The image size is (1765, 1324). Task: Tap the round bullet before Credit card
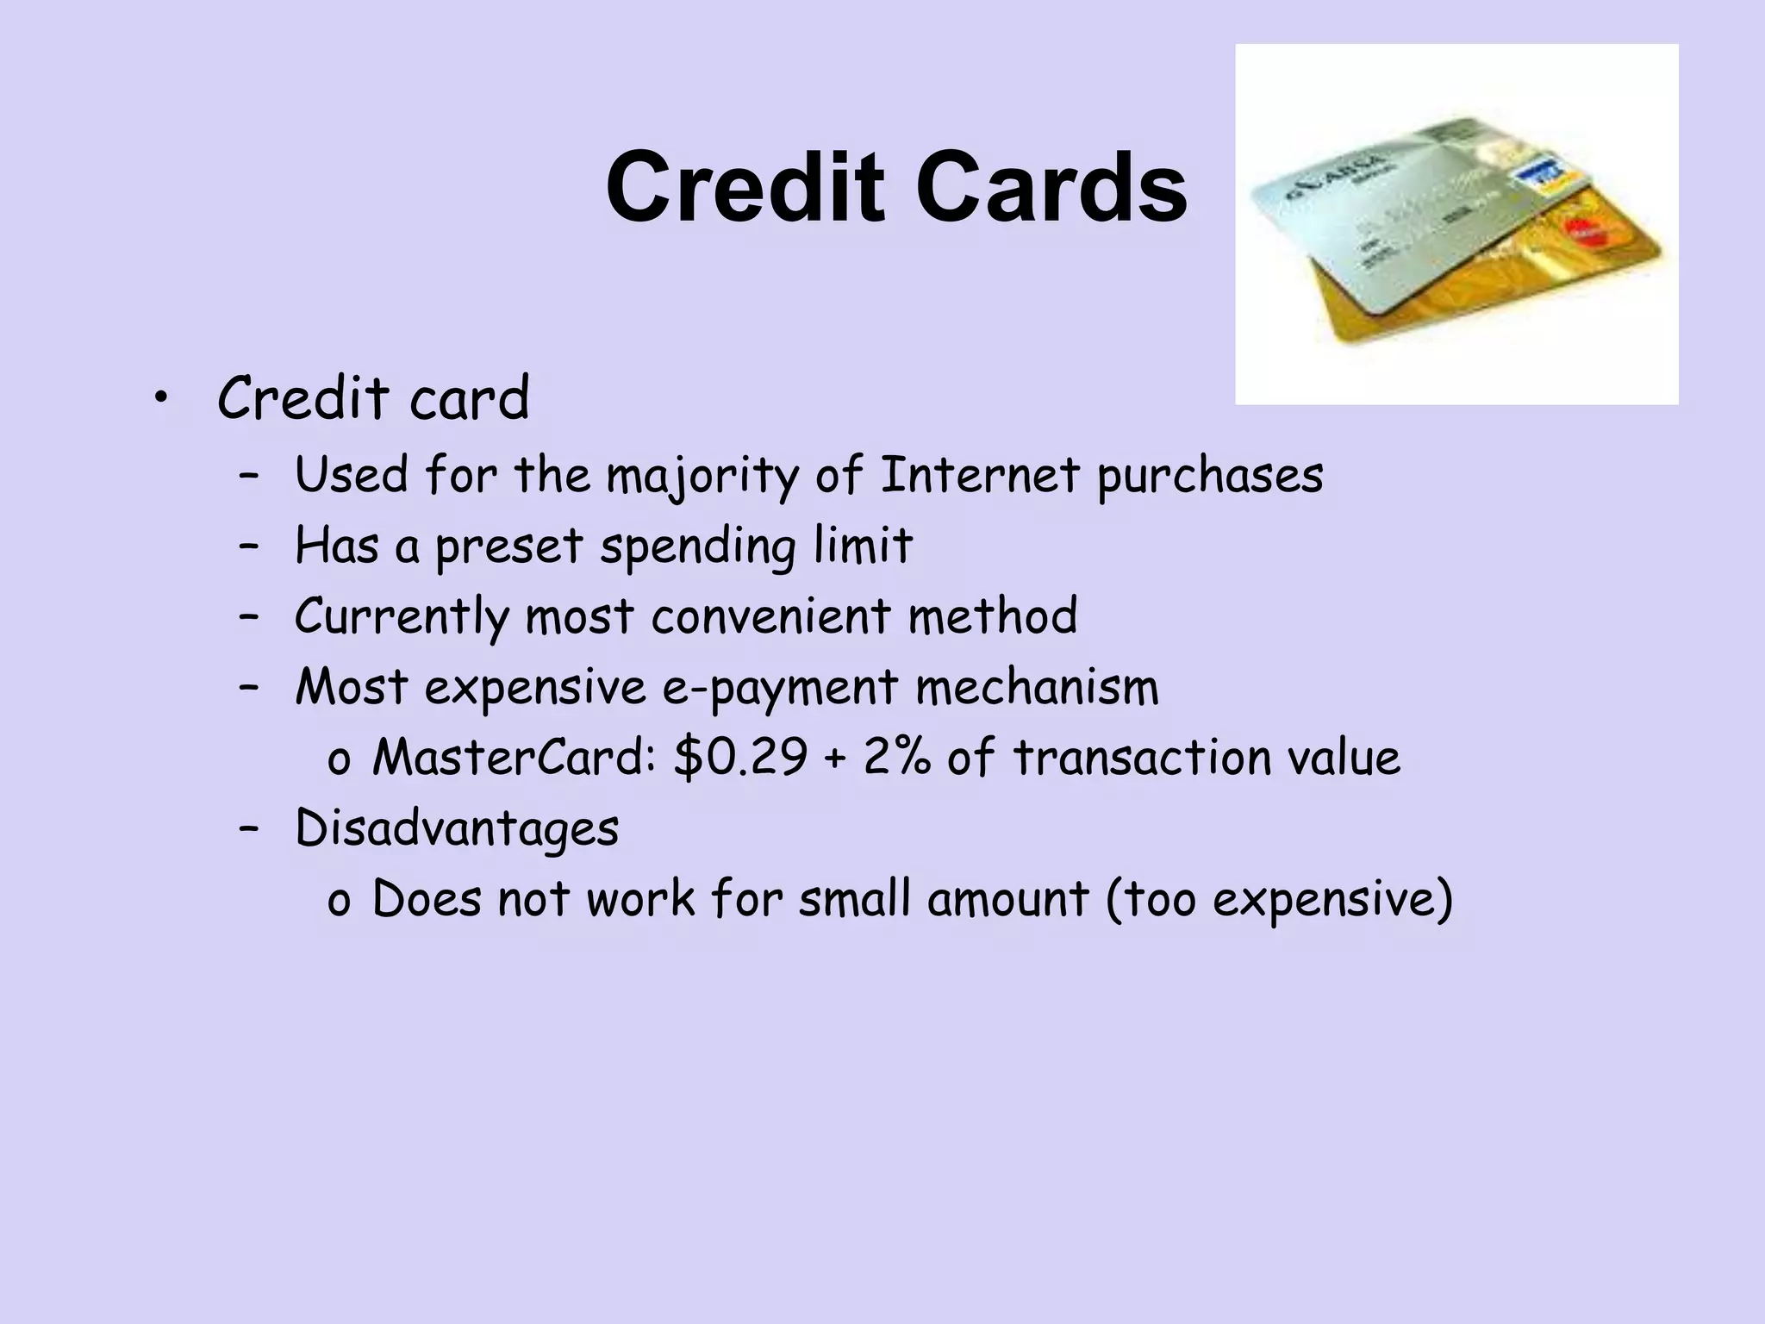pos(159,398)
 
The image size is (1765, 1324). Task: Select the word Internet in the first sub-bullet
pos(979,475)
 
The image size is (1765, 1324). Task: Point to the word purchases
pos(1210,477)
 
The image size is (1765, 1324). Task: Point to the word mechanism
pos(1037,688)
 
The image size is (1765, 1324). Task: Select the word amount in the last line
pos(1008,900)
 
